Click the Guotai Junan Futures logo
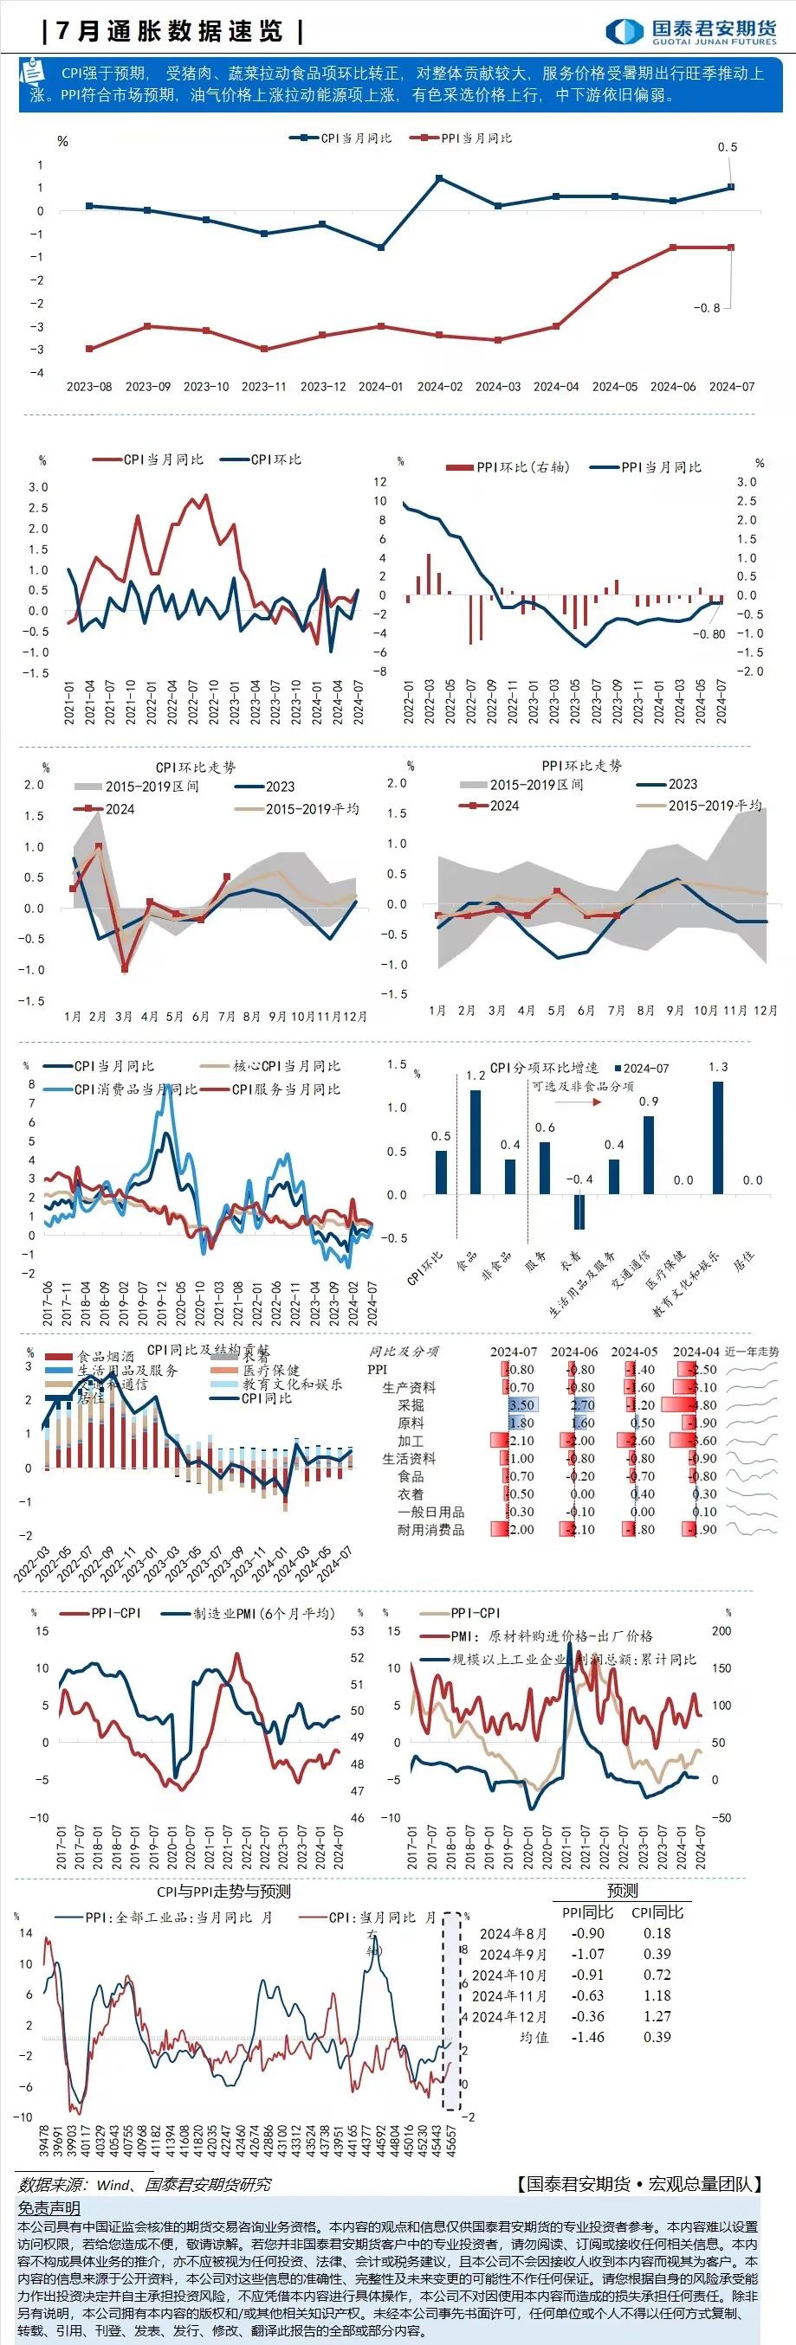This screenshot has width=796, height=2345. point(691,31)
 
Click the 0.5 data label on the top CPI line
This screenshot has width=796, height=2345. point(727,147)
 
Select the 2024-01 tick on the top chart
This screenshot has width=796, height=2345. point(381,387)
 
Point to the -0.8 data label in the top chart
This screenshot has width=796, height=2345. point(707,309)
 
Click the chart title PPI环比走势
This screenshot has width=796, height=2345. point(581,766)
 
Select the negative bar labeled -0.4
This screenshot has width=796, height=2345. point(579,1211)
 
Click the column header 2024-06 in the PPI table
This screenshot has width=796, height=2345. point(573,1352)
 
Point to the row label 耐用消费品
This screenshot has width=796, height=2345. point(430,1529)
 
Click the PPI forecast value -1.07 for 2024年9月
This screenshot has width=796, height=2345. point(587,1955)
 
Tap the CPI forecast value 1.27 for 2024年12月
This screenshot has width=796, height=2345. point(657,2016)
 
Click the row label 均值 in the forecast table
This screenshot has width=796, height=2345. point(534,2037)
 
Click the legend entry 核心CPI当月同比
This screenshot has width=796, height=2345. point(286,1066)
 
